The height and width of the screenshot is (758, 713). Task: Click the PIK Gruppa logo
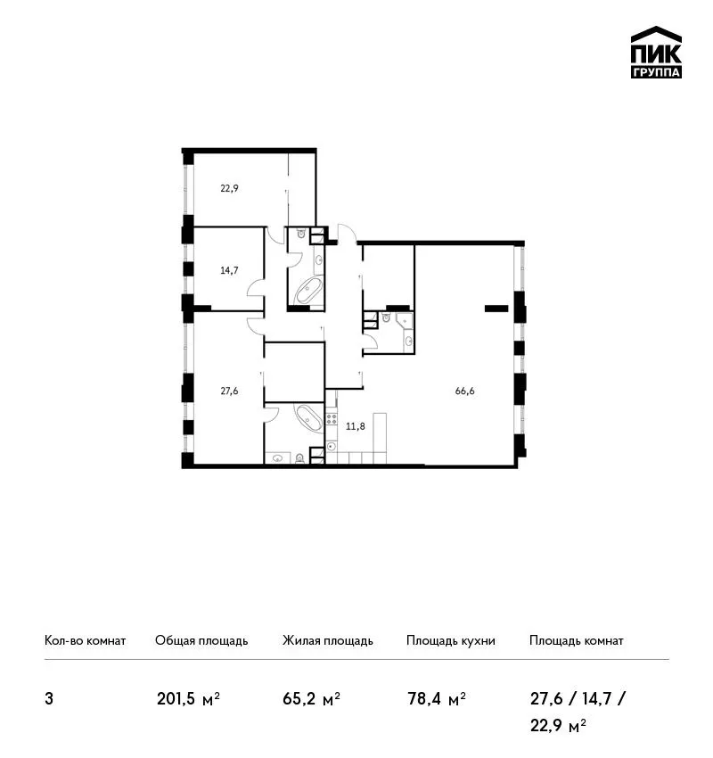click(656, 52)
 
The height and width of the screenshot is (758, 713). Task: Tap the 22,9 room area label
click(229, 188)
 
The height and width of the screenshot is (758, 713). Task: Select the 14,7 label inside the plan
click(229, 270)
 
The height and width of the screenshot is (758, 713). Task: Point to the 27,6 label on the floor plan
click(229, 391)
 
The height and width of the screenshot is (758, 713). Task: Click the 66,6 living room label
click(464, 391)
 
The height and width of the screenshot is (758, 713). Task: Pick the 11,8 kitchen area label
click(356, 426)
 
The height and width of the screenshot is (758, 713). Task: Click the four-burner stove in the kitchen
click(332, 418)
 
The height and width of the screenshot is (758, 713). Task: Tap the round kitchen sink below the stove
click(331, 446)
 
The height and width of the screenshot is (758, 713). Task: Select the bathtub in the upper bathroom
click(308, 291)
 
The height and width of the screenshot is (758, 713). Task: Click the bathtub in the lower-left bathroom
click(308, 417)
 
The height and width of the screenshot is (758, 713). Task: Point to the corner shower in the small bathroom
click(405, 320)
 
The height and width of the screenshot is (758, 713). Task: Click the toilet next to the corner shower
click(386, 317)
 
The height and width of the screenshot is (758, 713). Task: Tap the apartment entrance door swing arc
click(347, 231)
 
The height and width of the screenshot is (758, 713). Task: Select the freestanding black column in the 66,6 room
click(496, 308)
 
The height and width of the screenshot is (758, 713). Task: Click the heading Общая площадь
click(201, 641)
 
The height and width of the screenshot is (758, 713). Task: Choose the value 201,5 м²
click(188, 699)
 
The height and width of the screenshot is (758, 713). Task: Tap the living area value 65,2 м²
click(312, 699)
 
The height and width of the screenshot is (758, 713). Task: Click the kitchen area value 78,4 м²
click(437, 699)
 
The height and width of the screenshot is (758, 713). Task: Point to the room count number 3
click(49, 699)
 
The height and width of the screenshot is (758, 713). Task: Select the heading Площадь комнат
click(577, 641)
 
